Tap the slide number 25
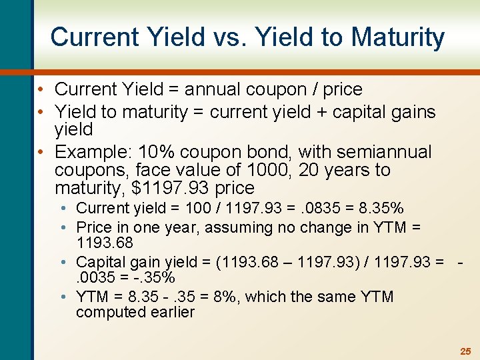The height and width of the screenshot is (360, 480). pyautogui.click(x=465, y=351)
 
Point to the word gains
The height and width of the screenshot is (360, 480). pyautogui.click(x=413, y=112)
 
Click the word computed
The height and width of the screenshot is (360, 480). pyautogui.click(x=106, y=312)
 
